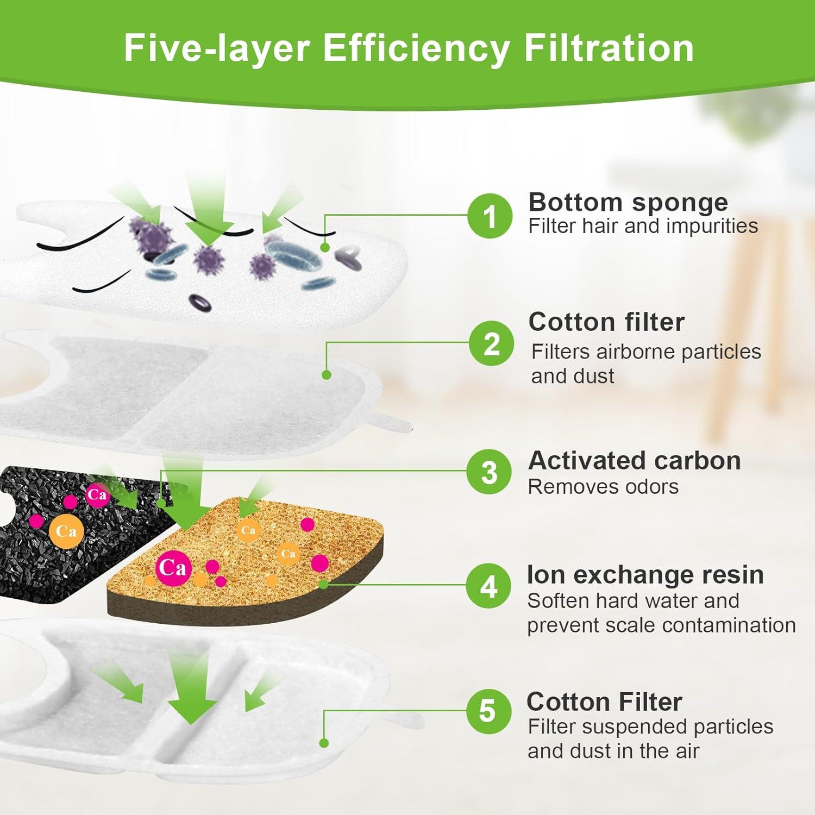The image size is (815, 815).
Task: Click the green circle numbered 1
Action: coord(490,216)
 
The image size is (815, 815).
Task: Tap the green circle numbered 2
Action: coord(491,344)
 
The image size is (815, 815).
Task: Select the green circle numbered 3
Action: coord(490,472)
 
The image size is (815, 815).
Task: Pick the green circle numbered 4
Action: coord(489,587)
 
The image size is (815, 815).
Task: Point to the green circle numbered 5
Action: coord(488,711)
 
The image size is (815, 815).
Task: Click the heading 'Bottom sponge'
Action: coord(628,202)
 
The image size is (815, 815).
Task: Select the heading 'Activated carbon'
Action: coord(634,461)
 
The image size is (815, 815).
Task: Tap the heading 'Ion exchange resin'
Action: coord(645,575)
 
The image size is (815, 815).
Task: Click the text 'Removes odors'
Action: coord(603,487)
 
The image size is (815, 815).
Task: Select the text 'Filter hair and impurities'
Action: coord(643,226)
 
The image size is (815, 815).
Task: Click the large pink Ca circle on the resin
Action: coord(173,568)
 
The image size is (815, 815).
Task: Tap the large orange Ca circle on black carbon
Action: coord(66,531)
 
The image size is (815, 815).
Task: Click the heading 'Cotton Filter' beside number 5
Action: coord(604,702)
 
